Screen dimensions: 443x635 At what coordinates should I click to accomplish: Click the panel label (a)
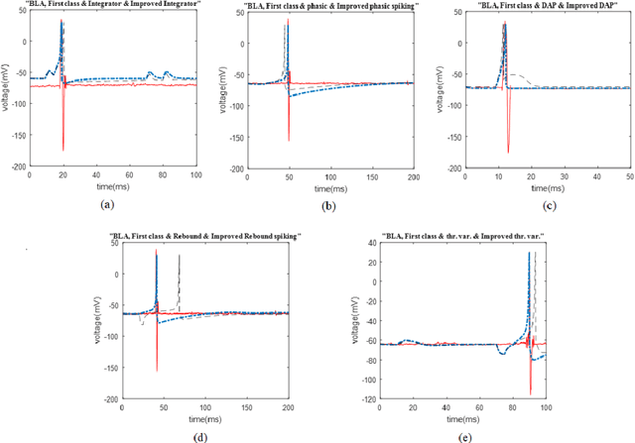coord(108,203)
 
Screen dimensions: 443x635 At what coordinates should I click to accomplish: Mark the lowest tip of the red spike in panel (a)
coord(62,151)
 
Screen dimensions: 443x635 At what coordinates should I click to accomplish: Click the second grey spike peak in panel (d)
coord(179,256)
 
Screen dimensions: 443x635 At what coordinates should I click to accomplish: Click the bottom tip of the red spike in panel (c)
coord(508,153)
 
